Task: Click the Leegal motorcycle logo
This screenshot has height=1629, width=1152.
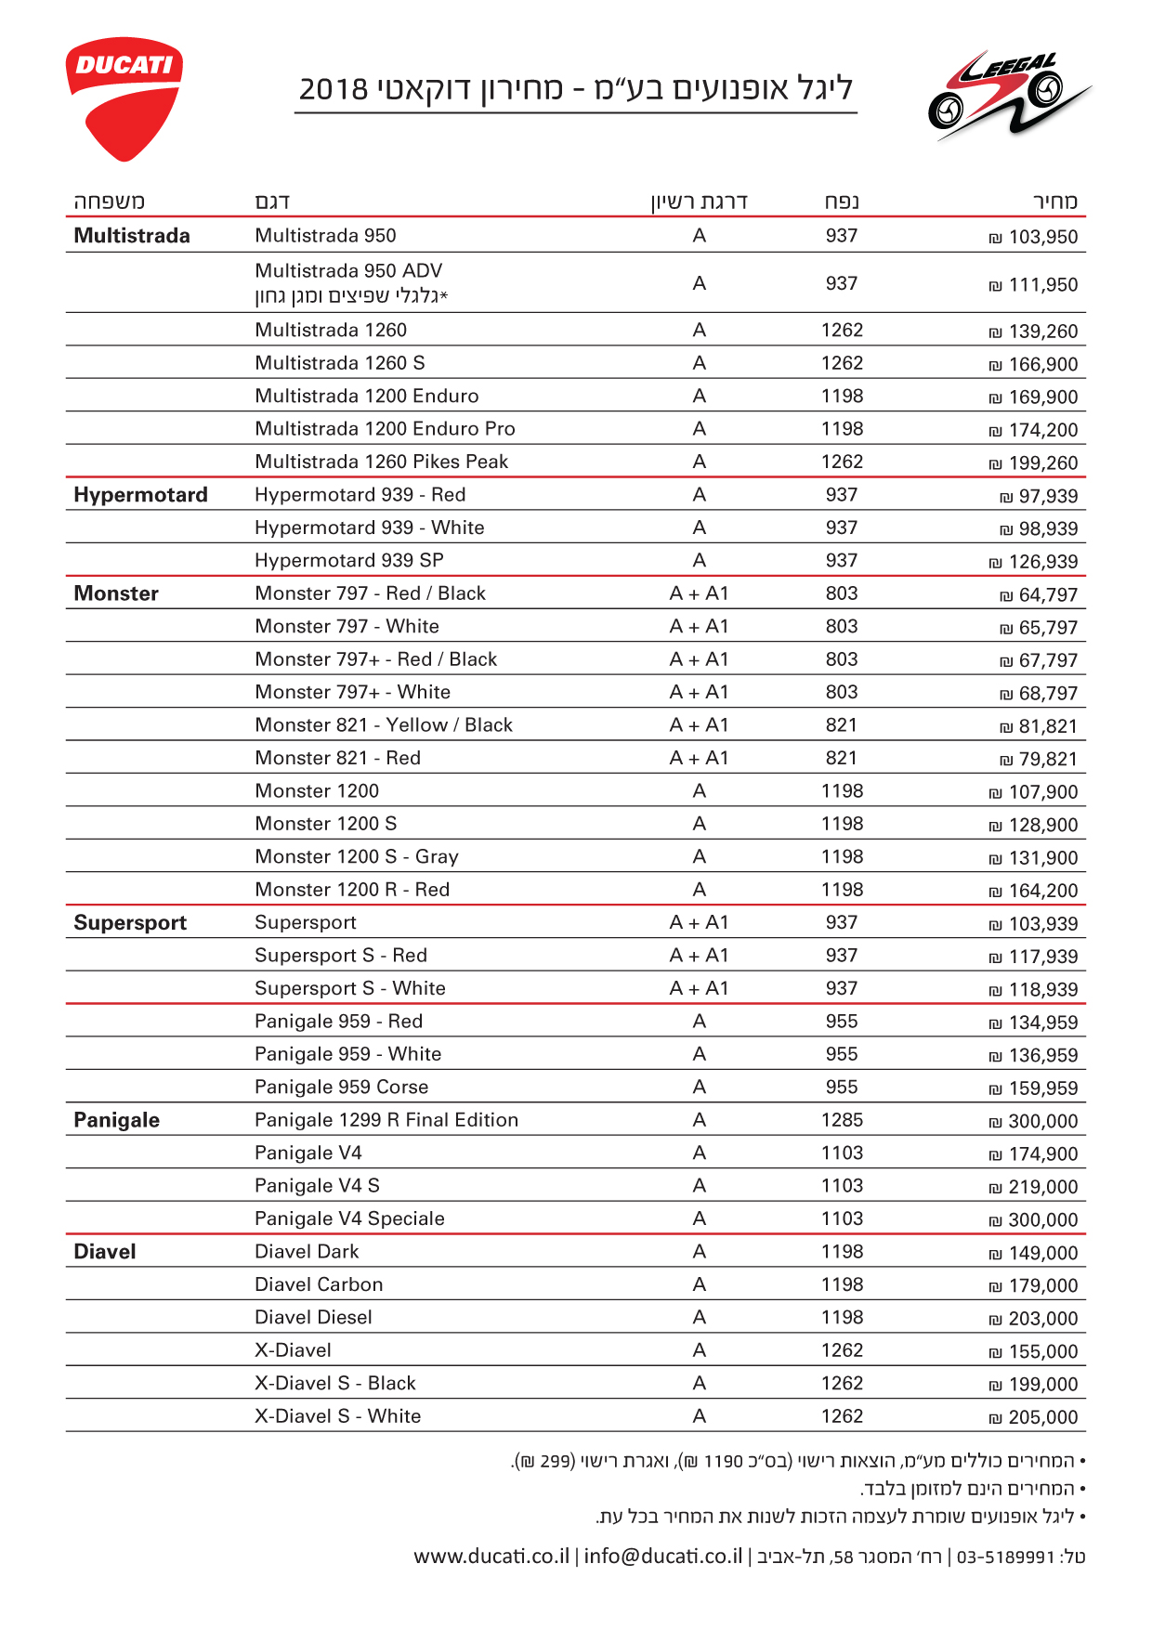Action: [1008, 97]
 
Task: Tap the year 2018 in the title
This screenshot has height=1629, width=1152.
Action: [334, 89]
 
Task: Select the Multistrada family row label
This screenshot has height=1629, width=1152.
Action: [132, 236]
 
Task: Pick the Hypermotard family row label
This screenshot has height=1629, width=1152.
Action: [140, 495]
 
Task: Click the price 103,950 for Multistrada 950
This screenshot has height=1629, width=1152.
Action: [1034, 237]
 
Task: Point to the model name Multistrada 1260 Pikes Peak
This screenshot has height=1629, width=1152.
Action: [382, 462]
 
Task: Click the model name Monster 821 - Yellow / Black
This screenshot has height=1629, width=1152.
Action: [384, 725]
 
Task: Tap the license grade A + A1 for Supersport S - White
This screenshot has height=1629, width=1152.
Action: [699, 988]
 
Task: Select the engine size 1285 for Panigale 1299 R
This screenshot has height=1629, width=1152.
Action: [842, 1120]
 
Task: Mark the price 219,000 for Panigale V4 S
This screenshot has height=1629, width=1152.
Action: [1034, 1187]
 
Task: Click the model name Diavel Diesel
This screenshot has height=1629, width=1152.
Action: [313, 1317]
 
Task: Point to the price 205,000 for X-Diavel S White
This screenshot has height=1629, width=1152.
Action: [1034, 1417]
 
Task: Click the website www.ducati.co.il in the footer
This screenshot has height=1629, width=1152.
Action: [491, 1556]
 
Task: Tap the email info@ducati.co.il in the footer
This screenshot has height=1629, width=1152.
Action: [663, 1556]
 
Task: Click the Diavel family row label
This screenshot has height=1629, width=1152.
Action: [105, 1252]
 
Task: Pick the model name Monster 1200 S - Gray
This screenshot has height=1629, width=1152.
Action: [357, 856]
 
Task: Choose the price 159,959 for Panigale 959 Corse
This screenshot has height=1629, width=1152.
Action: [1034, 1088]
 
